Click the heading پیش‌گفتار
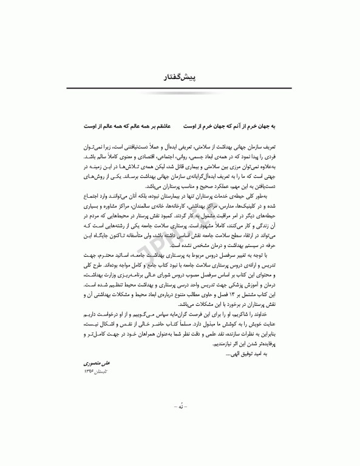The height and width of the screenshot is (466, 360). tap(180, 78)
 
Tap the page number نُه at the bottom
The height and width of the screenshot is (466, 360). tap(180, 437)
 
